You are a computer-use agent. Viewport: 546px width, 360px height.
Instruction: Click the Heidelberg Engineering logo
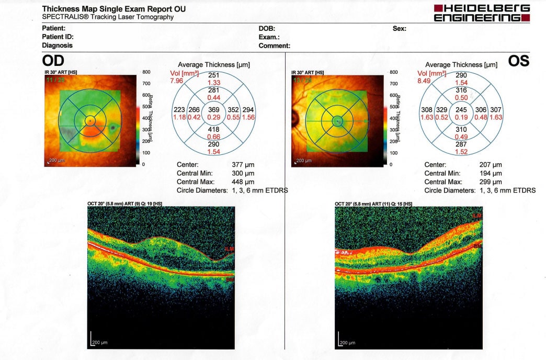click(482, 13)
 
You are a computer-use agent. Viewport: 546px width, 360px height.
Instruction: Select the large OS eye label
click(518, 61)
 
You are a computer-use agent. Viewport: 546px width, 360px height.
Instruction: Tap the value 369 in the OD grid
click(214, 109)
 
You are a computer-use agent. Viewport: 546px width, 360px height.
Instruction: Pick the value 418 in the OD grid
click(214, 129)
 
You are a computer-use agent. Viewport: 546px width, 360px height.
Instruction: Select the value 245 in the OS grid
click(461, 109)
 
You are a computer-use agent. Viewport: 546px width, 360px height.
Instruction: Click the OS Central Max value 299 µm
click(491, 182)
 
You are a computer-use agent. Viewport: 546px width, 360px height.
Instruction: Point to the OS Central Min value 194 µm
click(491, 173)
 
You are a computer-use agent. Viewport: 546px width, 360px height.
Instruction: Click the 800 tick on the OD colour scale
click(146, 72)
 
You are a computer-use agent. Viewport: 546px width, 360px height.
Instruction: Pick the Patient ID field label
click(58, 37)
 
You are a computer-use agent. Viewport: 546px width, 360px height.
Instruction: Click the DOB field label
click(267, 28)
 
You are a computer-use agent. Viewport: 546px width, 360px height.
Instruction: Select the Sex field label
click(400, 28)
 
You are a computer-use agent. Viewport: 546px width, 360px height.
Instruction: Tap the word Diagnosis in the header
click(57, 46)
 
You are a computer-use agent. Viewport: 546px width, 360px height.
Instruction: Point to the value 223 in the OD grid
click(179, 109)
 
